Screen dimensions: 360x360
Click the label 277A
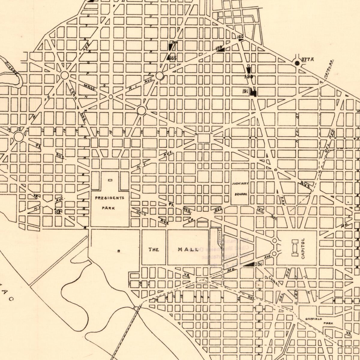tap(307, 59)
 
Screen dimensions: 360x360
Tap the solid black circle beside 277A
tap(297, 63)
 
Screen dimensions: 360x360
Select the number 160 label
tap(240, 37)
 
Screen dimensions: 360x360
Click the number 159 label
tap(219, 47)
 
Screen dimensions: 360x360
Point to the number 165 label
tap(173, 58)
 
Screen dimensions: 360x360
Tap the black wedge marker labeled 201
tap(249, 264)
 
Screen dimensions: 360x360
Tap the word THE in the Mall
tap(154, 249)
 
